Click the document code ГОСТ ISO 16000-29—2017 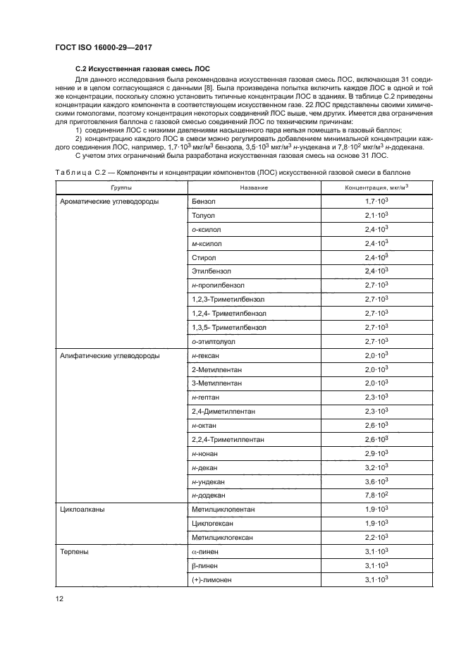104,48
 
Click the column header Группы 121,188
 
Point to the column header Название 253,188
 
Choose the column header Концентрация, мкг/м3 376,187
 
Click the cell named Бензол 204,202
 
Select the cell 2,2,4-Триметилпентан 228,440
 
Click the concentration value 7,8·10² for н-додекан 377,495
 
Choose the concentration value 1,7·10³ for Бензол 377,202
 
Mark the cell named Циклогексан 214,524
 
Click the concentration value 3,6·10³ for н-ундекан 377,481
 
